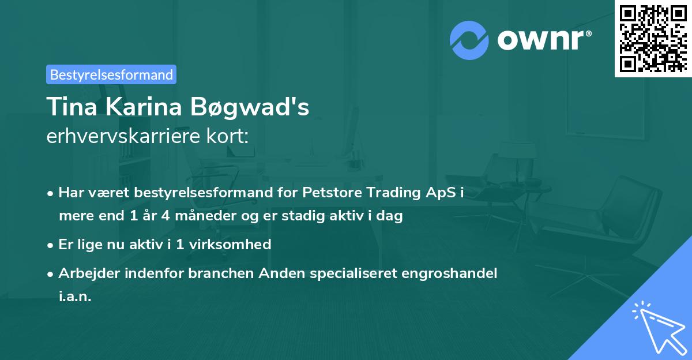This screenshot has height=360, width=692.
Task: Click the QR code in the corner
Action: click(x=653, y=38)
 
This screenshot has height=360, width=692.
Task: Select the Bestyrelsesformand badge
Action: click(x=111, y=74)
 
